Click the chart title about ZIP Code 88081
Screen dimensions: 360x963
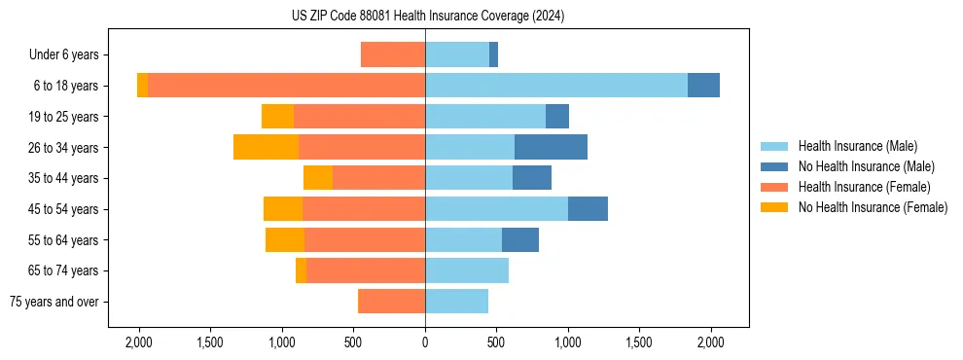tap(425, 17)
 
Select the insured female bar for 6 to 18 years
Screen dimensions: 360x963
tap(286, 86)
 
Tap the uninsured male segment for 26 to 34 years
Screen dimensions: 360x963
tap(551, 147)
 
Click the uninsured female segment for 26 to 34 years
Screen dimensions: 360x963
tap(266, 147)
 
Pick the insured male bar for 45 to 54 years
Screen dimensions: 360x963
tap(496, 208)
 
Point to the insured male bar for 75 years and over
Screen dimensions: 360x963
tap(456, 302)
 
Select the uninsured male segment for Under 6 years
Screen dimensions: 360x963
tap(494, 54)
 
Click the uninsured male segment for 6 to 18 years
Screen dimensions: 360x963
tap(703, 86)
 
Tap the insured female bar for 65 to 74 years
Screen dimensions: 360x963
tap(366, 270)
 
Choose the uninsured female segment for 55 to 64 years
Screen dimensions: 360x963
tap(285, 239)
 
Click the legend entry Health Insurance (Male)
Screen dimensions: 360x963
tap(857, 146)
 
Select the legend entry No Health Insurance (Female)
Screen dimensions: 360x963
tap(873, 207)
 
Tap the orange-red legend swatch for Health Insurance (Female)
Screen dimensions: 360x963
tap(775, 187)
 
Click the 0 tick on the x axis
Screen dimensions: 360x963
tap(425, 342)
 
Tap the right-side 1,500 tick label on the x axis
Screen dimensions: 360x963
tap(639, 342)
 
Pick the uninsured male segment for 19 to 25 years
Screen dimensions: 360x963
tap(557, 117)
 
